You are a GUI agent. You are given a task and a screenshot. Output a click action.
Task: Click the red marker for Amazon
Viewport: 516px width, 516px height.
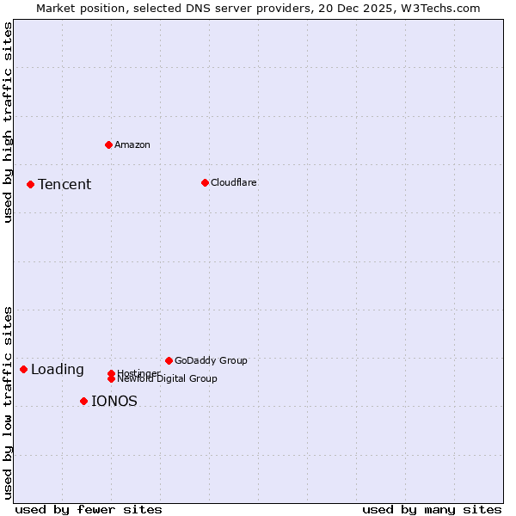pos(108,144)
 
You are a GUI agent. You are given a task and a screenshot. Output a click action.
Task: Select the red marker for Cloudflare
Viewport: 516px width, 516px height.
pos(205,182)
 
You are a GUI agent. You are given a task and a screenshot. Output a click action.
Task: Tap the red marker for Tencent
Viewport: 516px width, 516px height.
pos(30,184)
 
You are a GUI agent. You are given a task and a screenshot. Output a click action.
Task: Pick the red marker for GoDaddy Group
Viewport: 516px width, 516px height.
pos(169,360)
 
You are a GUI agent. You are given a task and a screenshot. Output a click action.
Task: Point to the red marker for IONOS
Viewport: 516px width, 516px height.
pos(83,401)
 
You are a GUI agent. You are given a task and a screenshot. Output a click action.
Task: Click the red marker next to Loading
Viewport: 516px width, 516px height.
pos(23,369)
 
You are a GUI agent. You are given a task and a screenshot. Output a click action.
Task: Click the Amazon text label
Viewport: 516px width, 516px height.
pos(132,144)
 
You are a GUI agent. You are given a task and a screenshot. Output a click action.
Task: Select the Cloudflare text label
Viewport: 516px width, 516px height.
pos(234,182)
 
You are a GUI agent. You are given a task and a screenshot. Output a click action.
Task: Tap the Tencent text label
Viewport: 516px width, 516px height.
pos(64,184)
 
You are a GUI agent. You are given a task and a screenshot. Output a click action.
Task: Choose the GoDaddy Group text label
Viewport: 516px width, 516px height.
pos(211,360)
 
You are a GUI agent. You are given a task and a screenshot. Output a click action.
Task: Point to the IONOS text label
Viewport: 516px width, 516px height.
pos(114,401)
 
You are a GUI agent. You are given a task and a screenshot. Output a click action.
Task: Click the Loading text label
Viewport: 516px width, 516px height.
pos(58,370)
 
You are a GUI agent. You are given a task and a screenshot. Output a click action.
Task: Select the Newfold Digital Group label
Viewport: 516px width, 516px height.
pos(167,378)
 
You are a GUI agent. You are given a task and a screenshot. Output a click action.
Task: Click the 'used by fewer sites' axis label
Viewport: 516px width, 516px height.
pos(89,509)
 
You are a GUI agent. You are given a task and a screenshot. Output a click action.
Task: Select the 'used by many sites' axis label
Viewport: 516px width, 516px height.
pos(432,509)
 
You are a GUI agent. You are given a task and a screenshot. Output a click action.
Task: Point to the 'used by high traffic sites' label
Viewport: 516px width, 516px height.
pos(8,123)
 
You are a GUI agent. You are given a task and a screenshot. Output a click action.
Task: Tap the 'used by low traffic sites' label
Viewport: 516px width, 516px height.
pos(8,402)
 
